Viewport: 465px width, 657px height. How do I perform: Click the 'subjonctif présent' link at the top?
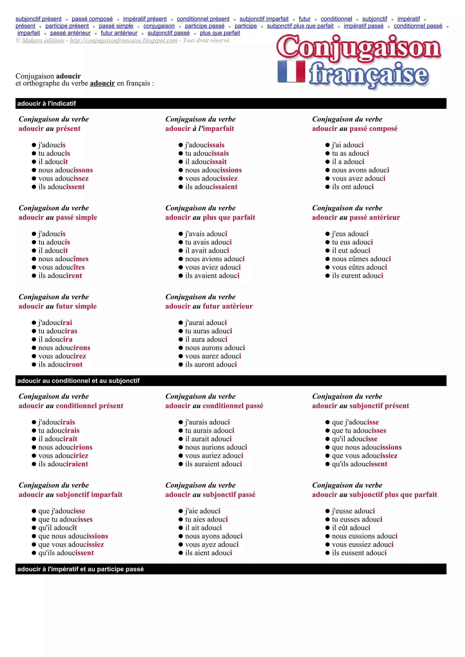pos(38,19)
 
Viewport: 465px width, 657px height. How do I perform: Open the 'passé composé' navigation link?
pos(92,19)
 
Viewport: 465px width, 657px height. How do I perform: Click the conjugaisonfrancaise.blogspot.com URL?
pos(124,40)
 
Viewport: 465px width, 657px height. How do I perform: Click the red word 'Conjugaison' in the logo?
pos(359,47)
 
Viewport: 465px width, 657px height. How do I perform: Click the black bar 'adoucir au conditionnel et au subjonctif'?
pos(231,381)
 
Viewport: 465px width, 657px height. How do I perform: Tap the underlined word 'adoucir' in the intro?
pos(102,83)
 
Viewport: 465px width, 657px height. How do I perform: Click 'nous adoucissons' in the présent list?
pos(66,170)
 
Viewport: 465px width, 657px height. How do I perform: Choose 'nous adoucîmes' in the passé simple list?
pos(63,259)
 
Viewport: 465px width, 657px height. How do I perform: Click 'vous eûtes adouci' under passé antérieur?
pos(359,267)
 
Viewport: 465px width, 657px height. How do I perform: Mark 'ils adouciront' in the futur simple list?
pos(60,365)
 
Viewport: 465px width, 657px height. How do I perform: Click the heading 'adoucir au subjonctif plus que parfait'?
pos(374,495)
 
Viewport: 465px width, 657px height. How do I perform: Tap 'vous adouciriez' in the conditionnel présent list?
pos(63,456)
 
